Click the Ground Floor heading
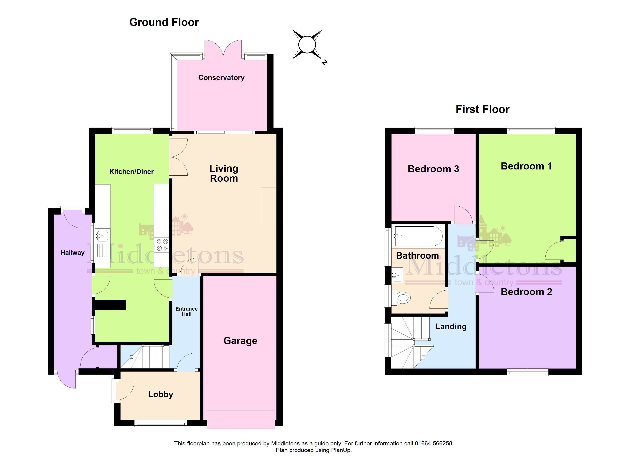pyautogui.click(x=164, y=22)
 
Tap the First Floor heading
pyautogui.click(x=482, y=109)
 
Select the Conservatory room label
pyautogui.click(x=221, y=78)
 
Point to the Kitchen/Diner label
pyautogui.click(x=131, y=172)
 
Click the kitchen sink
pyautogui.click(x=102, y=236)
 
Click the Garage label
pyautogui.click(x=240, y=341)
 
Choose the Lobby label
pyautogui.click(x=161, y=394)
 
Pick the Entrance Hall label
pyautogui.click(x=187, y=311)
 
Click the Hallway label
pyautogui.click(x=73, y=253)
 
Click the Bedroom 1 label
pyautogui.click(x=526, y=166)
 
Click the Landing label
pyautogui.click(x=451, y=326)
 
